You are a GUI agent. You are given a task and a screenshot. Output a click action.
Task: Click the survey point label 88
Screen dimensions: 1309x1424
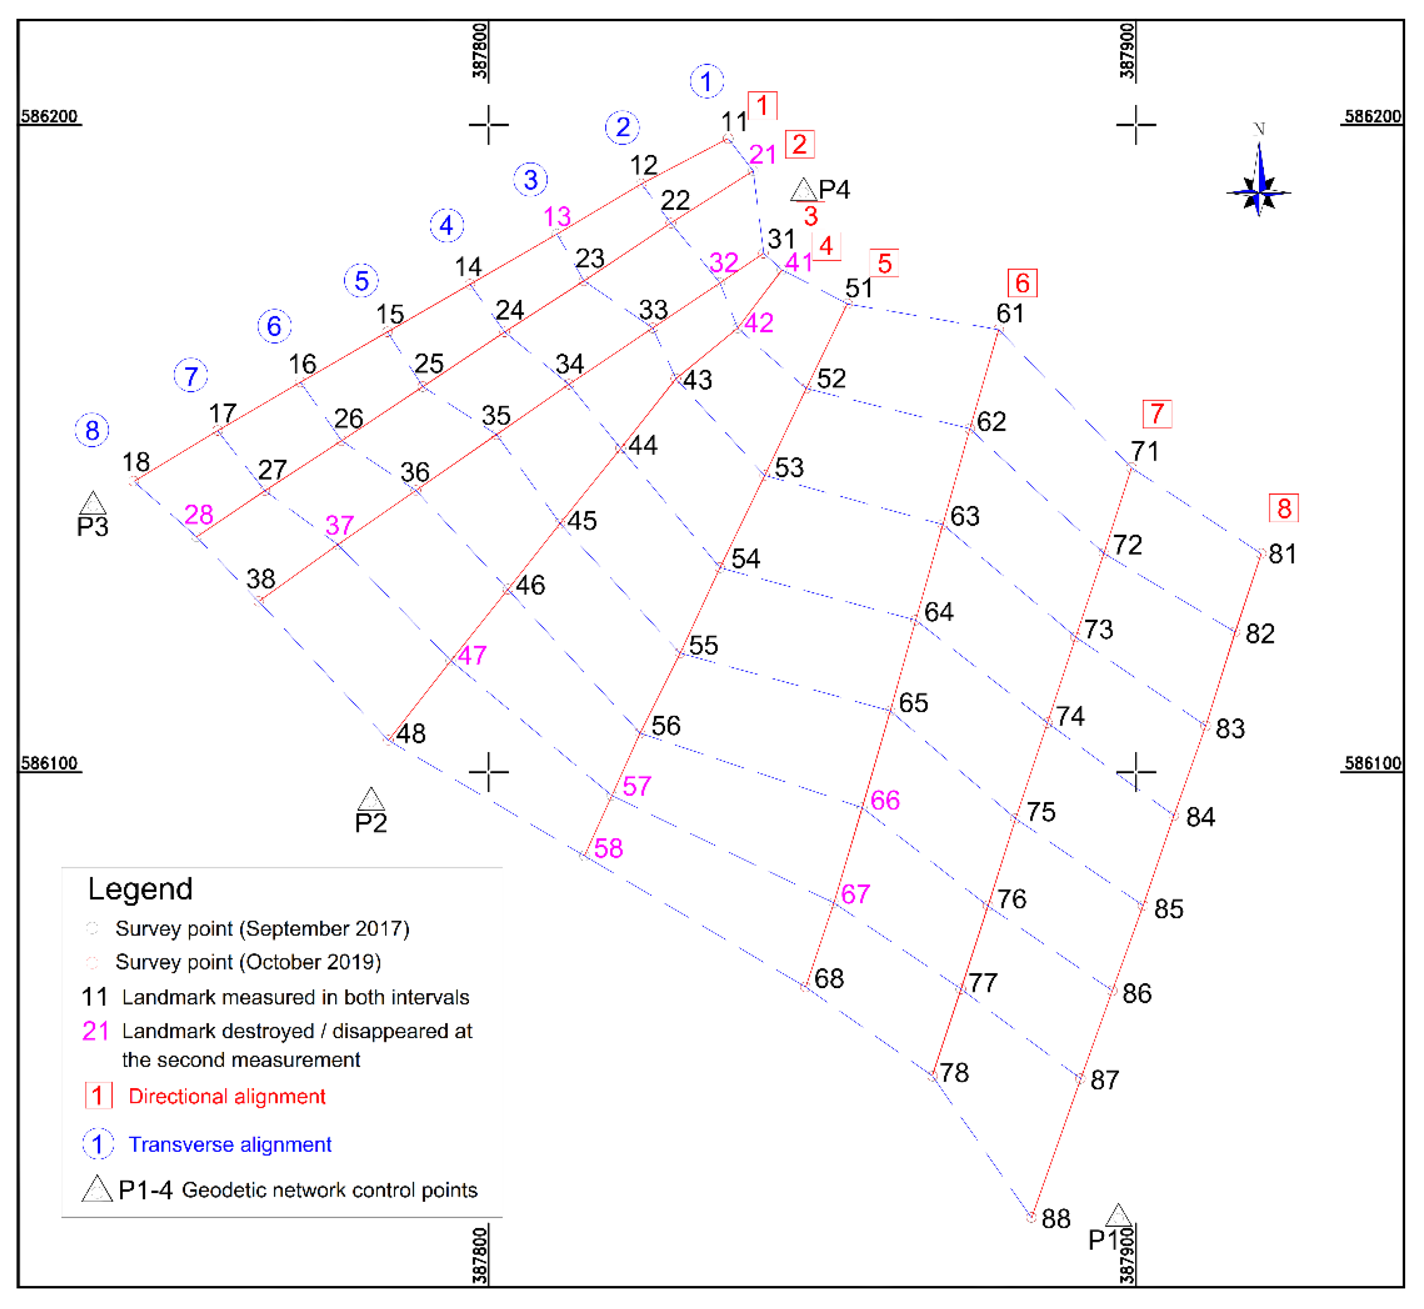pos(1055,1219)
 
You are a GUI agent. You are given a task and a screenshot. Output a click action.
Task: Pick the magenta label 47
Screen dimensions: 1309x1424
pos(472,655)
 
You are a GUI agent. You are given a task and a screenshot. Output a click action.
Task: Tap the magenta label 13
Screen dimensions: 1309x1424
pos(557,217)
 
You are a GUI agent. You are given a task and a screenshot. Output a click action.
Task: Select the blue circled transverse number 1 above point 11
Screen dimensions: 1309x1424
pos(706,82)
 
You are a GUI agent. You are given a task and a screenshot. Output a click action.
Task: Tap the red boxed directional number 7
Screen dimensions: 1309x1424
pos(1157,414)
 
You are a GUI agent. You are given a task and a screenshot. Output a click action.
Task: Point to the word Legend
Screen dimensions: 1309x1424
pos(140,889)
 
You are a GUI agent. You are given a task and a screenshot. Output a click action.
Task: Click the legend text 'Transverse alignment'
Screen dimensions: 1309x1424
pos(230,1144)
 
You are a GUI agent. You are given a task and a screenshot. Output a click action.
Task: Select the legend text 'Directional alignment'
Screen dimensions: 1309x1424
pos(226,1096)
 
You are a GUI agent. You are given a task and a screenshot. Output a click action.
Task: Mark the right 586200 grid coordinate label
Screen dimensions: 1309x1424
pos(1372,116)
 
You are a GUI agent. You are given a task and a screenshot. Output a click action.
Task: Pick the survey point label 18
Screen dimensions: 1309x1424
pos(136,462)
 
